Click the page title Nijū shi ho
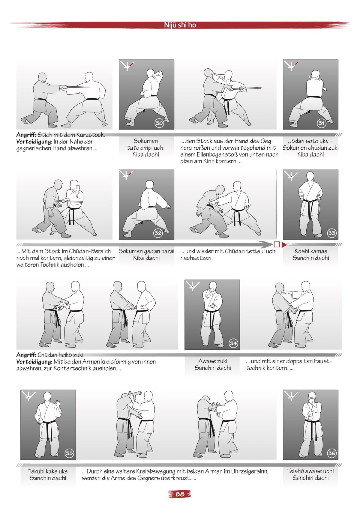[x=180, y=25]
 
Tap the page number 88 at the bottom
[x=180, y=494]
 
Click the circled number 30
[x=159, y=123]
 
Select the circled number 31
[x=322, y=123]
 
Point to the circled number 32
[x=158, y=233]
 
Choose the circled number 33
[x=331, y=233]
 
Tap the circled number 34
[x=233, y=343]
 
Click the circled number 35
[x=69, y=453]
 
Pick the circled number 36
[x=331, y=453]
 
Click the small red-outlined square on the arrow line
[x=277, y=244]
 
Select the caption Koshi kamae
[x=311, y=251]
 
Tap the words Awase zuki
[x=213, y=361]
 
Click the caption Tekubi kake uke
[x=48, y=471]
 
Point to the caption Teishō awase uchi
[x=310, y=471]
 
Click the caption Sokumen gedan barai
[x=146, y=251]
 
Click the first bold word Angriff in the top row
[x=26, y=135]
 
